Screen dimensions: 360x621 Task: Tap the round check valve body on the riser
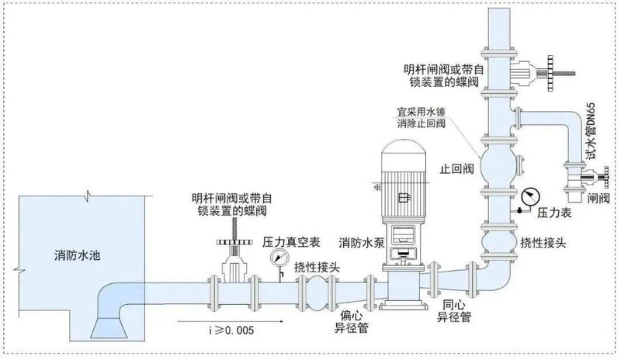coord(500,162)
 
